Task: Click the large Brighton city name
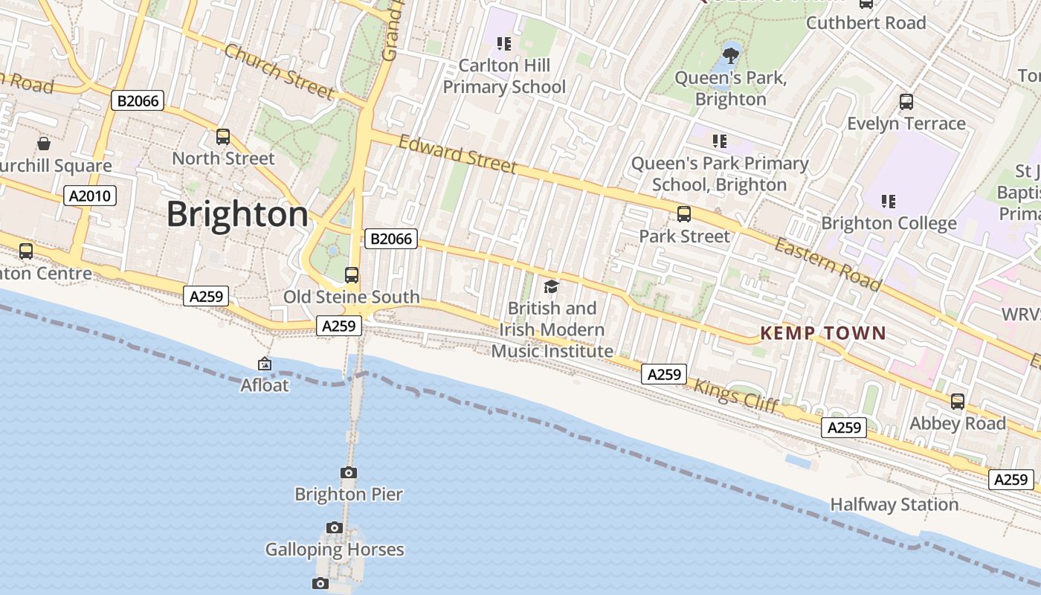point(236,214)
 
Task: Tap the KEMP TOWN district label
point(823,333)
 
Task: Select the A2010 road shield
point(90,196)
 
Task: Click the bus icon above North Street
point(223,137)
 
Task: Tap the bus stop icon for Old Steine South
point(352,275)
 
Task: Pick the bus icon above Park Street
point(684,214)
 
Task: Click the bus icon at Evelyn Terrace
point(906,102)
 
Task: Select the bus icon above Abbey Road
point(958,402)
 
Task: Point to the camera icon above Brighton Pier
point(348,472)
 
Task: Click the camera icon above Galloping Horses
point(335,527)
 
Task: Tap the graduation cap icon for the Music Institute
point(551,286)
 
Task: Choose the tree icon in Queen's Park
point(731,54)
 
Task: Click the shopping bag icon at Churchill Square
point(44,143)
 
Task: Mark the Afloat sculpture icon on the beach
point(264,364)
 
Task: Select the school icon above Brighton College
point(888,201)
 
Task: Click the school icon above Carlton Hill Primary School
point(504,44)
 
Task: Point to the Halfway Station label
point(894,504)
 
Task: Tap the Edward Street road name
point(457,154)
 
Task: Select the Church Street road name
point(279,71)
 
